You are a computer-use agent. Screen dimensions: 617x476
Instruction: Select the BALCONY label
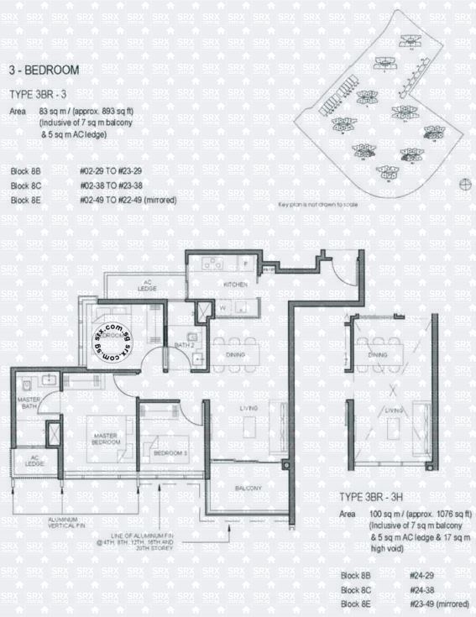(x=248, y=489)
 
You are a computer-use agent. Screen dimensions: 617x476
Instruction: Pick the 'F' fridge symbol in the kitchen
(x=244, y=264)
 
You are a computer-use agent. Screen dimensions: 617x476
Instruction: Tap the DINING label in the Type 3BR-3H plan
(x=378, y=356)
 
